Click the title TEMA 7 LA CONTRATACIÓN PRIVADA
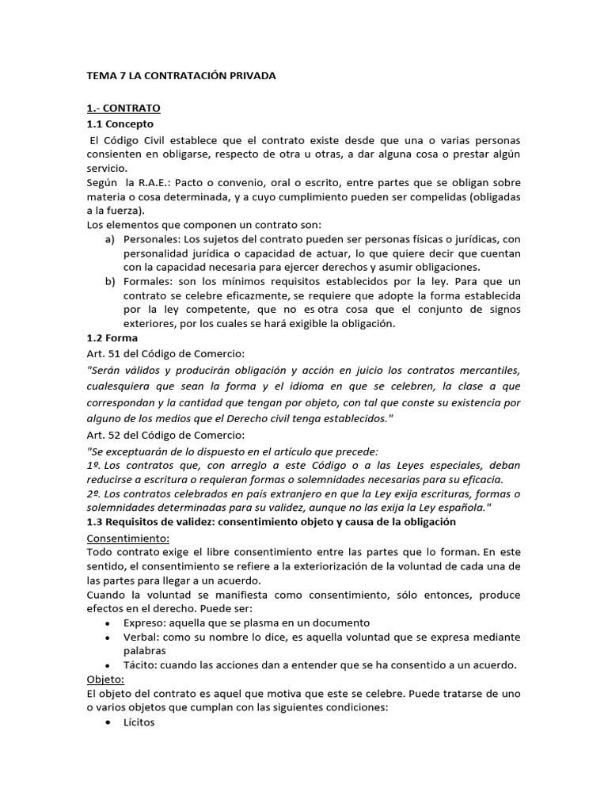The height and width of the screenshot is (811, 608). pos(180,76)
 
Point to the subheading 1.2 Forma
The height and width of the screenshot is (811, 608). pos(112,338)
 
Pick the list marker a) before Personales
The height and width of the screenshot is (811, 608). pos(110,238)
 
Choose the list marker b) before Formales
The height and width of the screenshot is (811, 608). pos(110,281)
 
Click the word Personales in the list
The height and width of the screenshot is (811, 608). pos(152,238)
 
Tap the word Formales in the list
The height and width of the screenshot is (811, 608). pos(147,281)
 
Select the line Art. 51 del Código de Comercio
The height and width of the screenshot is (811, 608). pos(165,353)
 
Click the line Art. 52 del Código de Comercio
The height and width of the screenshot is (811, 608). pos(165,435)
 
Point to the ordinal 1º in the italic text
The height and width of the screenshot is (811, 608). pos(93,465)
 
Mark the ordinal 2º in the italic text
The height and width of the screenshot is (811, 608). pos(93,493)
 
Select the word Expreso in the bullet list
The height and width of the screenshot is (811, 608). pos(144,623)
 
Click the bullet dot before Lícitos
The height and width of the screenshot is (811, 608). pos(107,723)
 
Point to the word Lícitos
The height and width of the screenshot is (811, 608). pos(139,722)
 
